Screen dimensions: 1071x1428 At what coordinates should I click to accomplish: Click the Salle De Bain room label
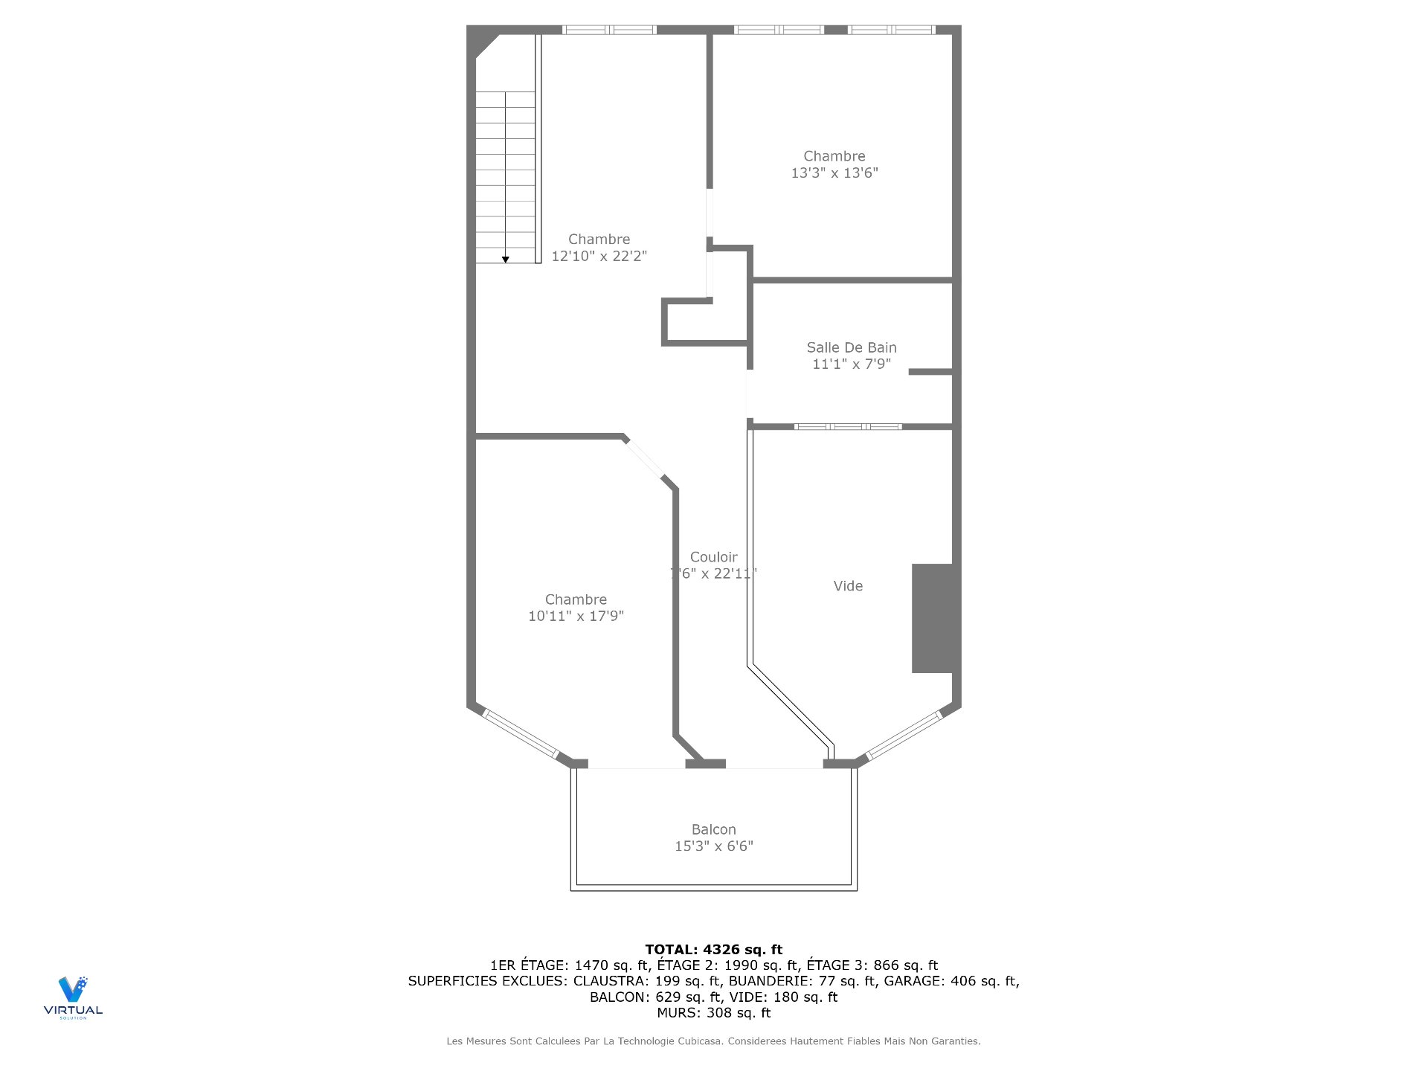(x=851, y=347)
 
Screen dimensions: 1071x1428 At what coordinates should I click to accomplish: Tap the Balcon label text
(x=713, y=829)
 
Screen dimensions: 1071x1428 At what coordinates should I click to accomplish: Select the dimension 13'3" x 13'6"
(x=834, y=173)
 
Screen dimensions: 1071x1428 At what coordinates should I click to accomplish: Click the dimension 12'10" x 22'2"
(x=599, y=257)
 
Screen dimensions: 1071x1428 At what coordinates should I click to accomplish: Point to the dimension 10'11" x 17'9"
(x=576, y=617)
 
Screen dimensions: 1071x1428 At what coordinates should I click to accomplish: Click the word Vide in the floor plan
(x=848, y=586)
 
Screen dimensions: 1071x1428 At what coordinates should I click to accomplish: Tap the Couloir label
(x=713, y=557)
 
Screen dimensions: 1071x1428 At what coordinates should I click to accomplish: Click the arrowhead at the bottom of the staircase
(x=506, y=260)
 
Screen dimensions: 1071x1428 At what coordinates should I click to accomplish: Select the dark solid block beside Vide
(x=932, y=618)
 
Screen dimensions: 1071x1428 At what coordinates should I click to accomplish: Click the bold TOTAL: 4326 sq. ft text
(x=713, y=950)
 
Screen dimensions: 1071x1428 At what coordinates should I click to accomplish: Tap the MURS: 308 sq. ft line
(x=713, y=1013)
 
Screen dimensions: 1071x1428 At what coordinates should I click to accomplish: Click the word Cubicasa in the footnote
(x=699, y=1041)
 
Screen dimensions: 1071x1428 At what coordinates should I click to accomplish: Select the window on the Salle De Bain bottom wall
(x=847, y=427)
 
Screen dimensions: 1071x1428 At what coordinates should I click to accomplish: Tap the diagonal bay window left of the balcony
(x=520, y=734)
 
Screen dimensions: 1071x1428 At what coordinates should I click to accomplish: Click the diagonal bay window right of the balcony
(x=904, y=736)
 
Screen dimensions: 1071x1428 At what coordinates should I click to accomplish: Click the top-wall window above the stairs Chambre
(x=608, y=30)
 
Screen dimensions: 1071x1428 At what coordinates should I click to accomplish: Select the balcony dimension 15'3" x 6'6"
(x=713, y=846)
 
